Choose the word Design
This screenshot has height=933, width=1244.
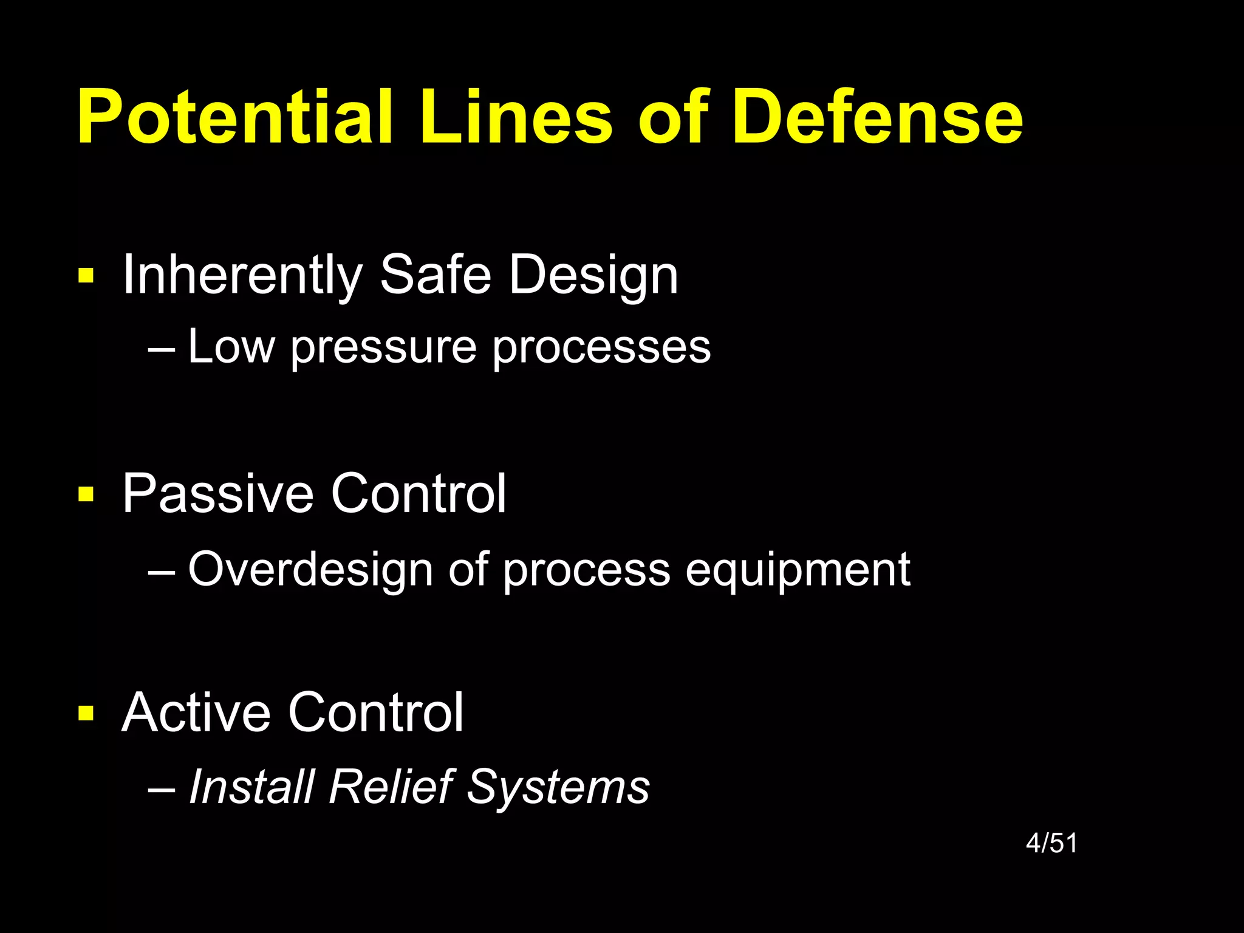point(593,276)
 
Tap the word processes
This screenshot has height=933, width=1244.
point(601,347)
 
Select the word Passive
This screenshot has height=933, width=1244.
point(217,493)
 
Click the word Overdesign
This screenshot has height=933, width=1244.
point(310,570)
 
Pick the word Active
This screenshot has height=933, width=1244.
point(196,712)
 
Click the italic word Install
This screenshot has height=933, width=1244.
point(252,787)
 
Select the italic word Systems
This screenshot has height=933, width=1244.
point(558,788)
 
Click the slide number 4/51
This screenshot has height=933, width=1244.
point(1051,843)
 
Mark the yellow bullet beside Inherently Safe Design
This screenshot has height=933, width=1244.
point(86,276)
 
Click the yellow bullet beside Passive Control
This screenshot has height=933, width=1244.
point(86,494)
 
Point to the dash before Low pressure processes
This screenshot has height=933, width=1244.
point(162,349)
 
